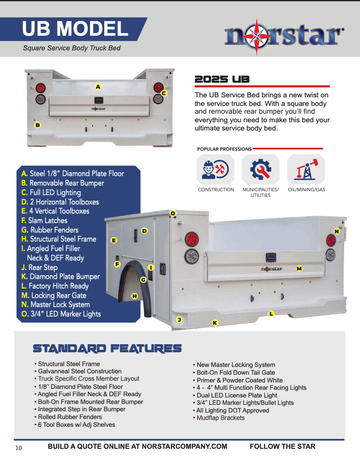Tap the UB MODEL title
75,28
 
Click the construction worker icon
215,169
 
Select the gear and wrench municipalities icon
261,169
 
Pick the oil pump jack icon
306,169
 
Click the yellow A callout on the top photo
98,87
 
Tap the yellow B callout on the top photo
38,125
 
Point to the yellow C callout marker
164,93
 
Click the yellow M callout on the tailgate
299,268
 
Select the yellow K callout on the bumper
215,323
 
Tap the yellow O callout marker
173,213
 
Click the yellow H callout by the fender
134,296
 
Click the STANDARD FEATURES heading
107,348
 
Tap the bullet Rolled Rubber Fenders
68,417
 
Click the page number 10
19,448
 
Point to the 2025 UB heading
222,80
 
